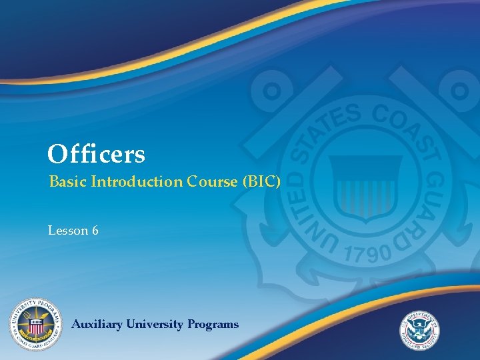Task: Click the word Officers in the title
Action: pos(96,155)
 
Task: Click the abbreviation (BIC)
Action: pos(257,181)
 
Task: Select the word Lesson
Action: pos(68,231)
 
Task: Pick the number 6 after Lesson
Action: pos(95,231)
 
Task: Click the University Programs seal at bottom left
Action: pos(35,324)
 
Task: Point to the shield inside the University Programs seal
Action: pos(35,326)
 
